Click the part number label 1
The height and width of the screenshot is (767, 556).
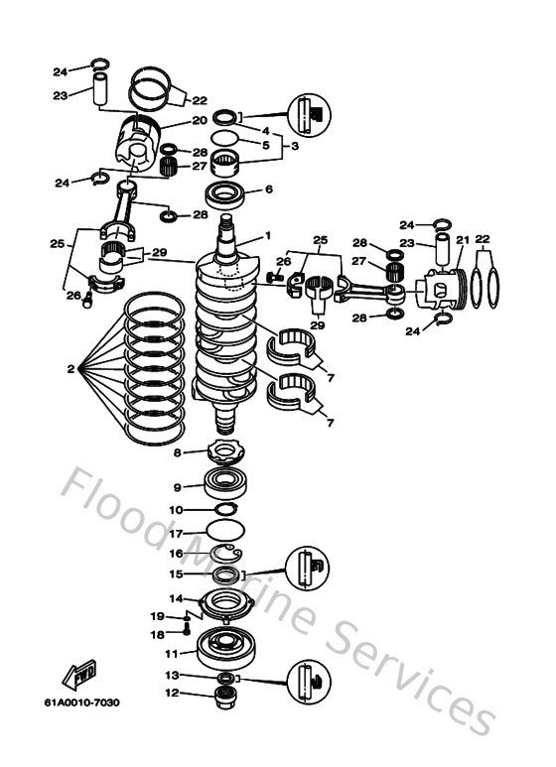(x=267, y=236)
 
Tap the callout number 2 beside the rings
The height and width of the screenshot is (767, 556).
(x=70, y=369)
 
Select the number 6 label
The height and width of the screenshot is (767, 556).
(x=267, y=190)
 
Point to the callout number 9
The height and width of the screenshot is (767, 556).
(x=177, y=487)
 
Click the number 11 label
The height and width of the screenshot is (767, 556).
(x=171, y=653)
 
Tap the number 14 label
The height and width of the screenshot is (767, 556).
(x=175, y=598)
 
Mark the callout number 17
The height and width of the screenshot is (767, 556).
(x=177, y=533)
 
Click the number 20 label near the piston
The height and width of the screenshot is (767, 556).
(x=199, y=120)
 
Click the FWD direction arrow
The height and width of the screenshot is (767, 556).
(x=80, y=677)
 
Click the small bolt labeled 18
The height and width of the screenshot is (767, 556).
(x=186, y=627)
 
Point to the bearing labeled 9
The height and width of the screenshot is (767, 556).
(x=227, y=486)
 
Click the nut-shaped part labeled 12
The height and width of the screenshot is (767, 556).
(x=226, y=694)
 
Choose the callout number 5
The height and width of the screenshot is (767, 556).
(x=266, y=144)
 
